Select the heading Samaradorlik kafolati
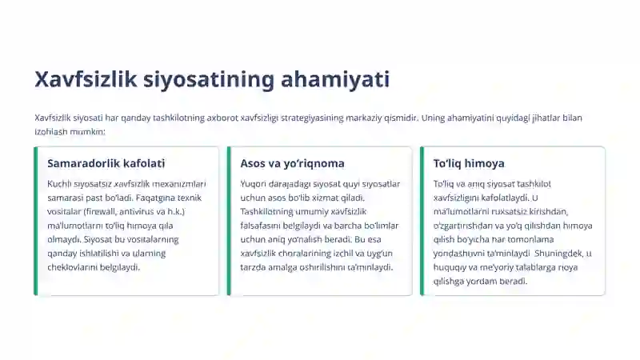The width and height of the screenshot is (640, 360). click(106, 163)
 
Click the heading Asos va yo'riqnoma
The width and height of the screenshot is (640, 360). click(292, 163)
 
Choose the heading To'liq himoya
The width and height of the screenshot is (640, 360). click(469, 163)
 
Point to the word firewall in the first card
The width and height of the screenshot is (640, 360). click(122, 211)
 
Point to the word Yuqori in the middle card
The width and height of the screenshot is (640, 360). click(254, 184)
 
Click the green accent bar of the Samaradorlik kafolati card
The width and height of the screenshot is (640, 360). click(36, 221)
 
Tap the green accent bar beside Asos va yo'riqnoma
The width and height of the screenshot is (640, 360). click(229, 221)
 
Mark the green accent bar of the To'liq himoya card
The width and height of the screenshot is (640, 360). click(422, 221)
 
